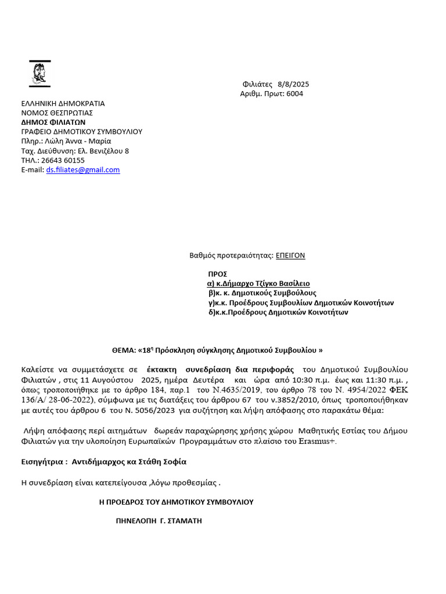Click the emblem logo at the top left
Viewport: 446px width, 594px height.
pyautogui.click(x=39, y=74)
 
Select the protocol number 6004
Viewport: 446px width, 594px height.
pyautogui.click(x=294, y=93)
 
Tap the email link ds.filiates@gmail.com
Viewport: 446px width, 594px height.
pyautogui.click(x=83, y=170)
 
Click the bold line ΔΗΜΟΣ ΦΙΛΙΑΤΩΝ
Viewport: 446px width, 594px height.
pyautogui.click(x=53, y=122)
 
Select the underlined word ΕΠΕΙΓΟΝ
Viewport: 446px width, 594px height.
pyautogui.click(x=290, y=255)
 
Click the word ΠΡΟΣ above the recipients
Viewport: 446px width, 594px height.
pyautogui.click(x=217, y=274)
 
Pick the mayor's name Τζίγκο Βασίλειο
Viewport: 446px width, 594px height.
pyautogui.click(x=281, y=284)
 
